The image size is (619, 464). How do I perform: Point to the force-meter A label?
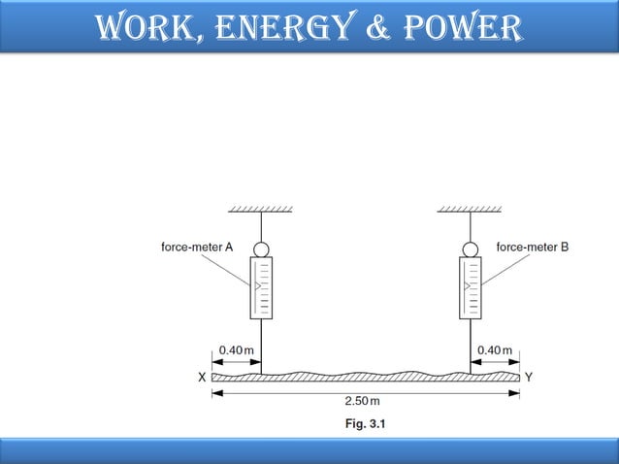pos(196,247)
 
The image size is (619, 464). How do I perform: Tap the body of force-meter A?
pos(261,287)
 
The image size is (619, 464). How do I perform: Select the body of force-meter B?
pos(471,287)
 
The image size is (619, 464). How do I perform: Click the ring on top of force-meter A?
pos(261,249)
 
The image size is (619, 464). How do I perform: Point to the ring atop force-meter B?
pos(471,249)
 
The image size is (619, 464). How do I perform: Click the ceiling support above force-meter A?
pos(260,209)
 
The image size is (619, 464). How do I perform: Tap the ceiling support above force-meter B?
pos(470,209)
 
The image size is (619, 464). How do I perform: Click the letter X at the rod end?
pos(202,378)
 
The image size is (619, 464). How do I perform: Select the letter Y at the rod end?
pos(528,377)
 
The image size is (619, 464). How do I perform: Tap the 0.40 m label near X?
pos(237,349)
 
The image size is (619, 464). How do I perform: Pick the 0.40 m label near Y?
pos(495,349)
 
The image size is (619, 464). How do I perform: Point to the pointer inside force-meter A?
pos(257,286)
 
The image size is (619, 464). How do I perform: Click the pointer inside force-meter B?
pos(467,286)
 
